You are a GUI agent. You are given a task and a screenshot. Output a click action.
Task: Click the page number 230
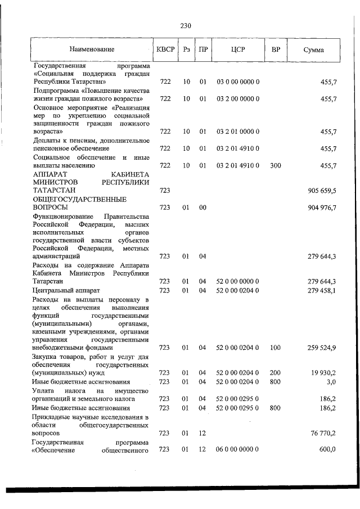186,26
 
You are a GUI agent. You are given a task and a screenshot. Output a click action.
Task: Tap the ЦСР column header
237,50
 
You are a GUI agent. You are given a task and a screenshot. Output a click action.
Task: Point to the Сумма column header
313,50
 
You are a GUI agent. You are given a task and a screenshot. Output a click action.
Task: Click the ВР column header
276,50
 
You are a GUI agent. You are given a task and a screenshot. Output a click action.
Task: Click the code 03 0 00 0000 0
237,82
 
